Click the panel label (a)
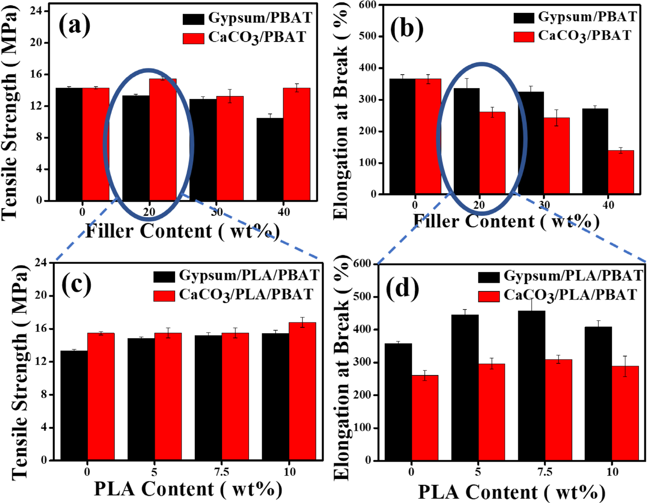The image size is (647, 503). click(x=74, y=25)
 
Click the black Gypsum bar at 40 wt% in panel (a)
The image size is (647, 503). click(x=270, y=159)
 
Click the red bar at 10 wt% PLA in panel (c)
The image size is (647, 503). click(x=302, y=391)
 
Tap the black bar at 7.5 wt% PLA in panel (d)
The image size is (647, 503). click(x=531, y=385)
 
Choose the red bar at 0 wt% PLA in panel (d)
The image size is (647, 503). click(x=425, y=418)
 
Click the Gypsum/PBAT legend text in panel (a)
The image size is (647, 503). click(x=260, y=18)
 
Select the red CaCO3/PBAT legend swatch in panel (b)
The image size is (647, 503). click(x=523, y=36)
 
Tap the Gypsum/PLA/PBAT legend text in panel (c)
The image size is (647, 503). click(x=249, y=275)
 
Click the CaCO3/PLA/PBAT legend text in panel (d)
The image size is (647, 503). click(x=570, y=295)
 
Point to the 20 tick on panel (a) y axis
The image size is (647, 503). click(x=36, y=42)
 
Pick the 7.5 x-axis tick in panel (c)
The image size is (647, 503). click(x=221, y=472)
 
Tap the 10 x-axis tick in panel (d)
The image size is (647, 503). click(x=612, y=472)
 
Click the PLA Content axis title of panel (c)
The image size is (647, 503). click(x=188, y=489)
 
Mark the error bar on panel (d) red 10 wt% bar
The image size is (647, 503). click(x=625, y=366)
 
